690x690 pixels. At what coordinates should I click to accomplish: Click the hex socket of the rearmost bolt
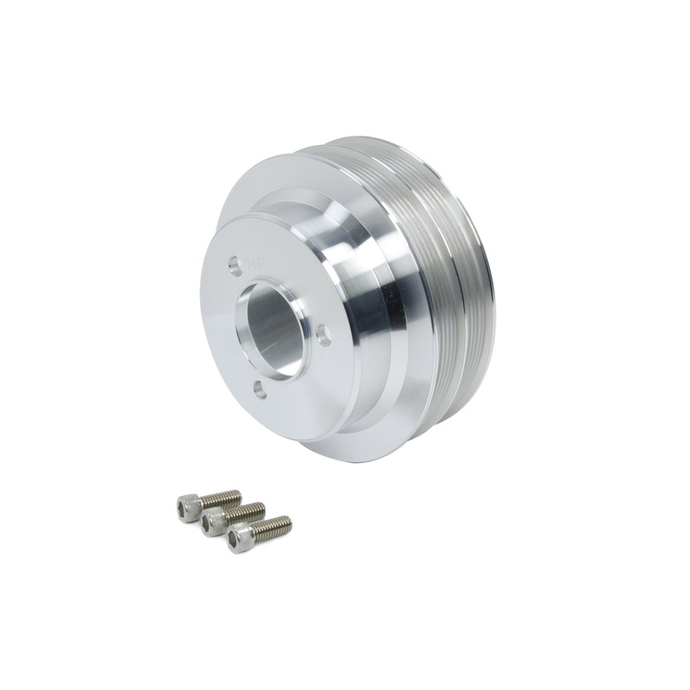tap(183, 505)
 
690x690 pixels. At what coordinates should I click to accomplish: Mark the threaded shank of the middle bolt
tap(248, 512)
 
